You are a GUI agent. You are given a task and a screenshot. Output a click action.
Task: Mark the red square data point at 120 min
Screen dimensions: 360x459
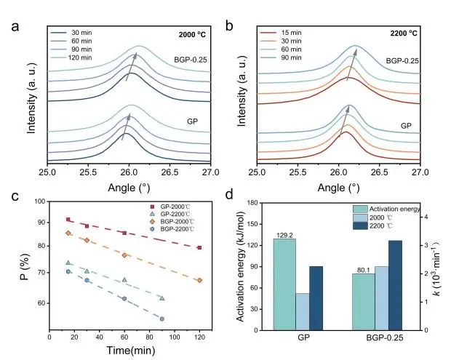point(199,248)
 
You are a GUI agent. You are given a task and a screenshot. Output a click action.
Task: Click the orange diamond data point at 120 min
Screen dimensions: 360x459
point(199,280)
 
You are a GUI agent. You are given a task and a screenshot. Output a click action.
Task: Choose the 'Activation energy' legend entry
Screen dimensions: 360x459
point(394,209)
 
